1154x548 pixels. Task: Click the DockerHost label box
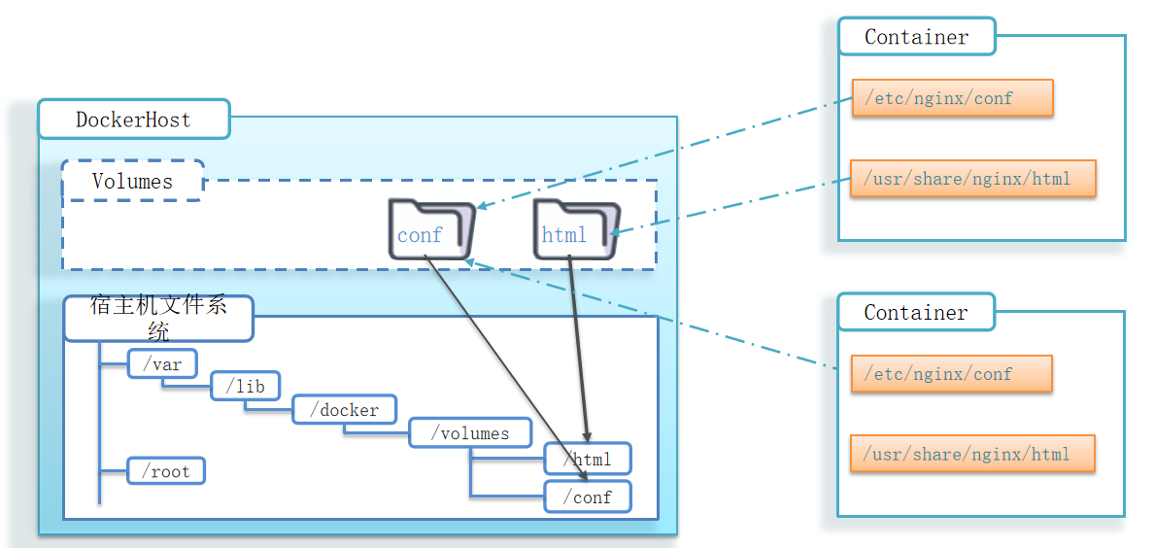click(x=134, y=120)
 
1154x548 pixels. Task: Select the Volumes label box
click(x=133, y=181)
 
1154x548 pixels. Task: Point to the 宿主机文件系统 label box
click(x=158, y=319)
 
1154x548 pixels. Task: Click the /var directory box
click(x=161, y=364)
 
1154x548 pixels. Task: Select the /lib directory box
click(x=245, y=386)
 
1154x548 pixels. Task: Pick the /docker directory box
click(x=345, y=409)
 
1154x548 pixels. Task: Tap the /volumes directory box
click(x=471, y=432)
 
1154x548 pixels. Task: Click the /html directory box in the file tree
click(x=588, y=458)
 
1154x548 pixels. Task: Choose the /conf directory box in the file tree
click(x=588, y=497)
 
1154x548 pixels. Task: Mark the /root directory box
click(x=166, y=471)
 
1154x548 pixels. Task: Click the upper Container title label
click(x=917, y=37)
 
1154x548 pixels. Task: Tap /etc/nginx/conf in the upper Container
click(x=952, y=98)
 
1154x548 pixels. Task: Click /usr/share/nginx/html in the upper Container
click(x=972, y=179)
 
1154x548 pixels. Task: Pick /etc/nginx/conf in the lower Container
click(x=952, y=373)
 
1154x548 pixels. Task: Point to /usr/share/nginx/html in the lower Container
click(x=972, y=454)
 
